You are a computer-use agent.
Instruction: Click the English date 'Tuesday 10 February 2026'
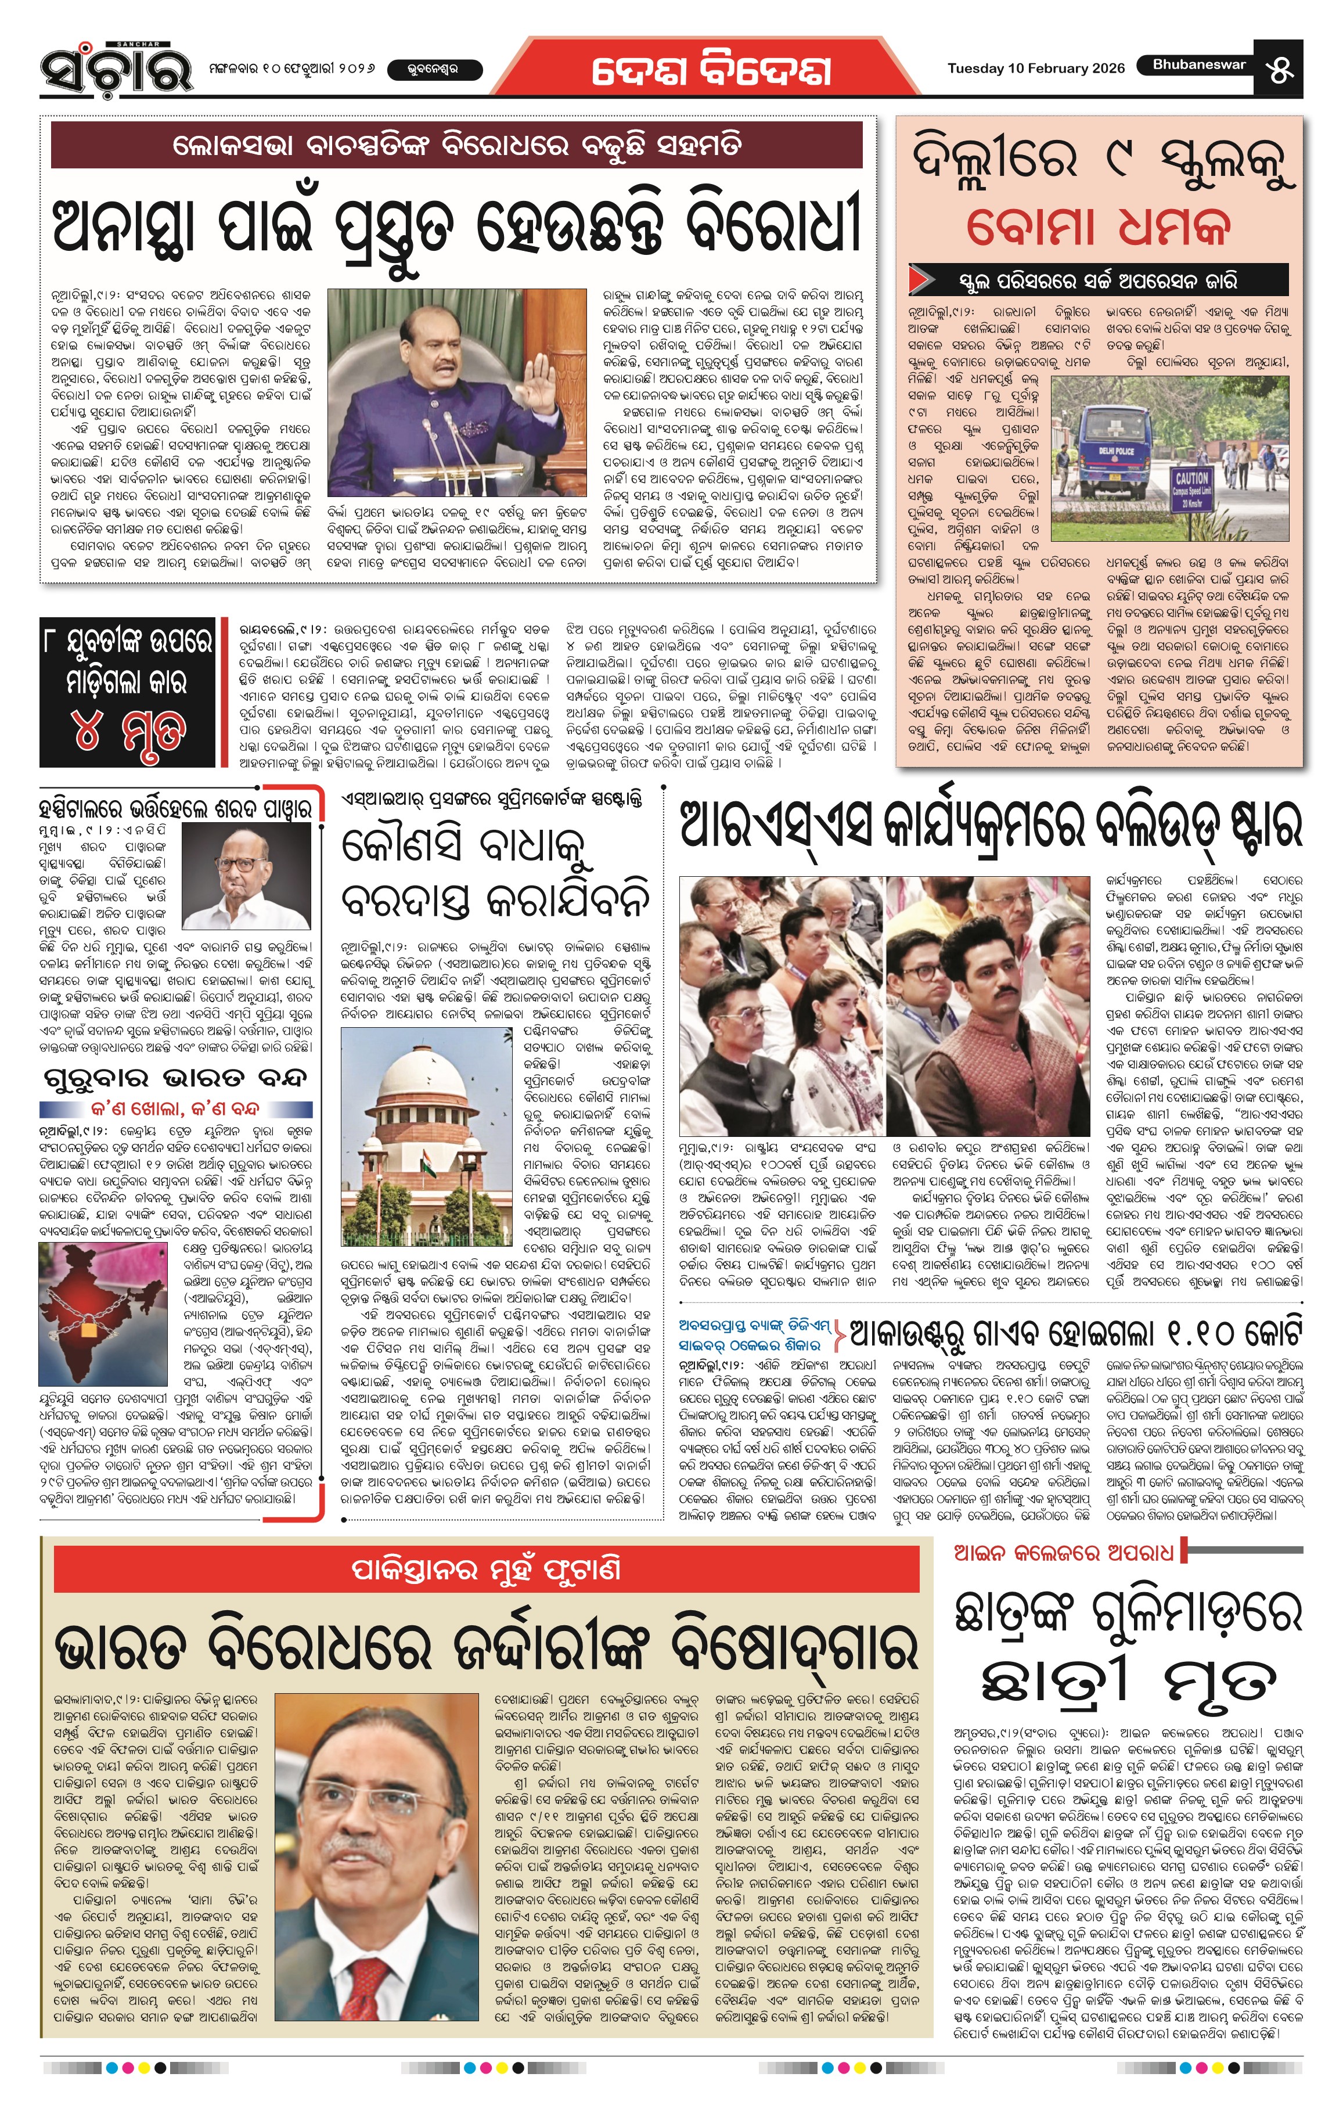[1035, 69]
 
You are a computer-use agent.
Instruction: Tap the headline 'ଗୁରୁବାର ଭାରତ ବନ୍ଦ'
[175, 1077]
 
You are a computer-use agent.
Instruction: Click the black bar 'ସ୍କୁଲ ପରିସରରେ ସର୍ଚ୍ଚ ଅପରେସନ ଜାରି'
[1098, 281]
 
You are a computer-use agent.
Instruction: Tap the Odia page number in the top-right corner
[1281, 69]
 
